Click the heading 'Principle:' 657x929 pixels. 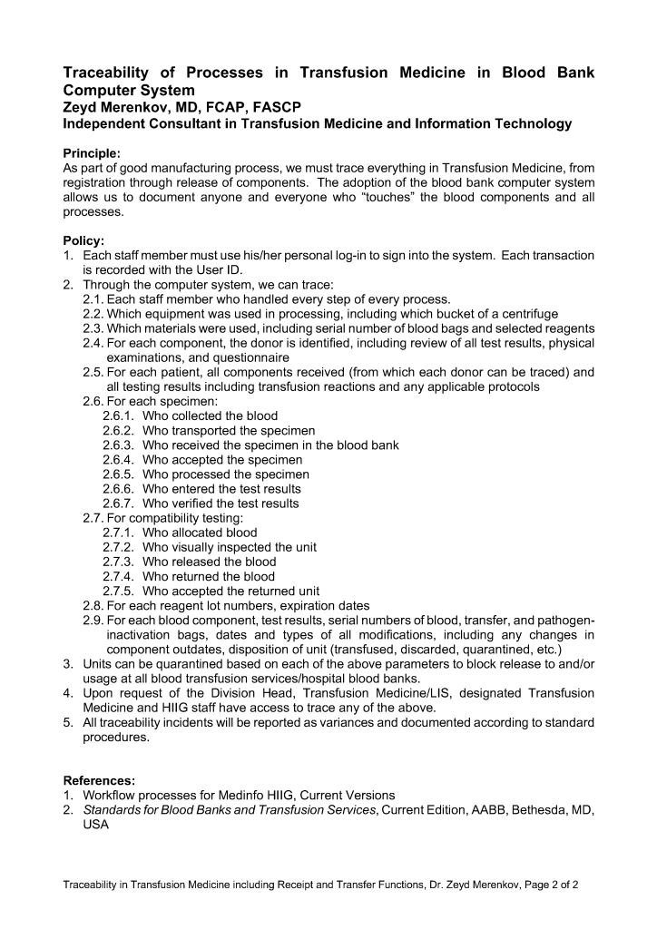tap(91, 153)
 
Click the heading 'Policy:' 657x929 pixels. tap(83, 240)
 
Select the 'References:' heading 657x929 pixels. tap(99, 780)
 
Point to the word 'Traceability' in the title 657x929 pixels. tap(114, 73)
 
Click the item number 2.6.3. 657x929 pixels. tap(119, 445)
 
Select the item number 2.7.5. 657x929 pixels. tap(119, 591)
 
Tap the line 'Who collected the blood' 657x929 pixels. tap(211, 416)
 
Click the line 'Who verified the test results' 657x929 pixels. tap(221, 504)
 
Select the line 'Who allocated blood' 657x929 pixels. tap(200, 533)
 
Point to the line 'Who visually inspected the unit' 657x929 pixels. tap(230, 547)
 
